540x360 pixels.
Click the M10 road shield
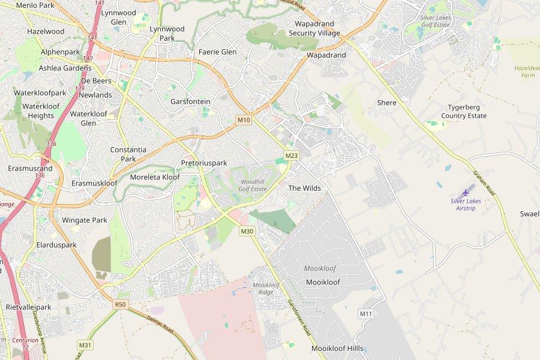pyautogui.click(x=244, y=120)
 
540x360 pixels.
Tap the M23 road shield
pyautogui.click(x=292, y=155)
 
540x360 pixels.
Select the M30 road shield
pyautogui.click(x=247, y=231)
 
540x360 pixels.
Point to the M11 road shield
pyautogui.click(x=366, y=314)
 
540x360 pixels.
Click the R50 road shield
pyautogui.click(x=121, y=305)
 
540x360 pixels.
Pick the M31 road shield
pyautogui.click(x=85, y=345)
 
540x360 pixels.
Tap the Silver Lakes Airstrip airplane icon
pyautogui.click(x=466, y=192)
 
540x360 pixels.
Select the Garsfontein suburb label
pyautogui.click(x=191, y=101)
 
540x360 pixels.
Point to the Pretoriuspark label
pyautogui.click(x=204, y=163)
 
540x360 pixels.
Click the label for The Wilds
pyautogui.click(x=305, y=188)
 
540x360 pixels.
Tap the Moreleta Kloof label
pyautogui.click(x=155, y=178)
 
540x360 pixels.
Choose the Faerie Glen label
pyautogui.click(x=218, y=52)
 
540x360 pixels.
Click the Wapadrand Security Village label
pyautogui.click(x=314, y=28)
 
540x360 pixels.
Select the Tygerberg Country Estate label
pyautogui.click(x=464, y=112)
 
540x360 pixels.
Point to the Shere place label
pyautogui.click(x=387, y=103)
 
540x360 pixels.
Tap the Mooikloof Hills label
pyautogui.click(x=337, y=348)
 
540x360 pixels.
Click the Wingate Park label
pyautogui.click(x=85, y=220)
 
